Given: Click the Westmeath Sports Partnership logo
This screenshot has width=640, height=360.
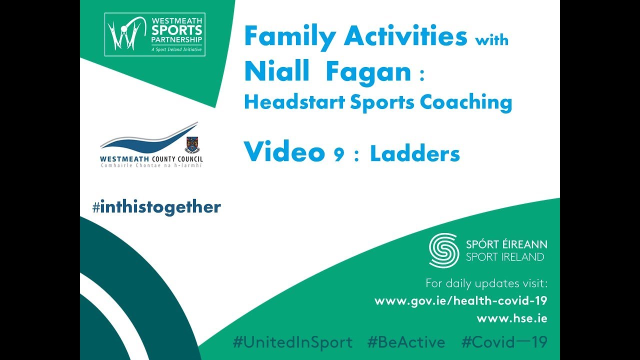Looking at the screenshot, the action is (x=155, y=34).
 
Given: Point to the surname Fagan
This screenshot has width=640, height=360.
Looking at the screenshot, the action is (x=368, y=72).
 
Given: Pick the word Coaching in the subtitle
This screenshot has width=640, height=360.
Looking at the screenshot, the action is (x=466, y=102).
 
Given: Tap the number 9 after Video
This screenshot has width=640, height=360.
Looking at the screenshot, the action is (x=338, y=154).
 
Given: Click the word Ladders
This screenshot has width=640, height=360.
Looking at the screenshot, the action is (x=415, y=153).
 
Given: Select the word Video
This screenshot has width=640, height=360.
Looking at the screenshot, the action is (x=284, y=151).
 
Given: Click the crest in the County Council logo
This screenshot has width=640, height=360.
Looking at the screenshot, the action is (x=193, y=144).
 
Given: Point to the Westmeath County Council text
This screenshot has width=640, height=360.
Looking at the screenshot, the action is (x=151, y=159).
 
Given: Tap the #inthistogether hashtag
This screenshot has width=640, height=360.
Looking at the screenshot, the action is (x=156, y=207).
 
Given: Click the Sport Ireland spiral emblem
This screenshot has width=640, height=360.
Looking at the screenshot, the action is (x=444, y=250).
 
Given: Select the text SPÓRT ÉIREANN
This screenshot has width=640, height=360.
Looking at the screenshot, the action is (x=506, y=244).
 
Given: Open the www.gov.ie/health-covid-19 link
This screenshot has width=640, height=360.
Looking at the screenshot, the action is (x=461, y=300).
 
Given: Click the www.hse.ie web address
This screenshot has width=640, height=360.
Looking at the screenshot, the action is (x=512, y=318).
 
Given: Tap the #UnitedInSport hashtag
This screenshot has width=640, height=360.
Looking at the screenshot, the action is (x=292, y=342).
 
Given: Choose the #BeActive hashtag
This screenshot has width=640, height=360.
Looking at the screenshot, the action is (x=406, y=342).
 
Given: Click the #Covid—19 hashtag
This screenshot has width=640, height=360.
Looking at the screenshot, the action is (x=504, y=342).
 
